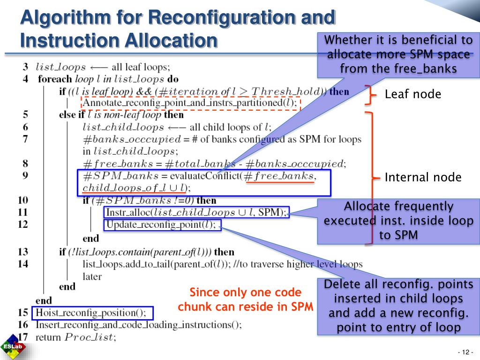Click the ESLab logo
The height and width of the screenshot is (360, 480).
(x=13, y=347)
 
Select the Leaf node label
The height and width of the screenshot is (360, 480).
(x=412, y=94)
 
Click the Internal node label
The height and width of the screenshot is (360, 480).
(x=423, y=177)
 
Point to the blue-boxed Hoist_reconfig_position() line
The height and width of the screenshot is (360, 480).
(x=92, y=312)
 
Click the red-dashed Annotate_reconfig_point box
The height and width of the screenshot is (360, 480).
(x=190, y=102)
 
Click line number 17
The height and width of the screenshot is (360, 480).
(x=23, y=336)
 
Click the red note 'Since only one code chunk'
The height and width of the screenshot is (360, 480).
(x=246, y=299)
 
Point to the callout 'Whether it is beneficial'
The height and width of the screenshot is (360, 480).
(x=398, y=54)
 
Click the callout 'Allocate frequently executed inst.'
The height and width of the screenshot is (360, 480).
(x=398, y=221)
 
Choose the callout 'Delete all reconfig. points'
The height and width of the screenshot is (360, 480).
(x=398, y=306)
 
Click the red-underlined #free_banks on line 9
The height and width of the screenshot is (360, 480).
(x=280, y=176)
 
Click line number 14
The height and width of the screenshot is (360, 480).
(x=23, y=264)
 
